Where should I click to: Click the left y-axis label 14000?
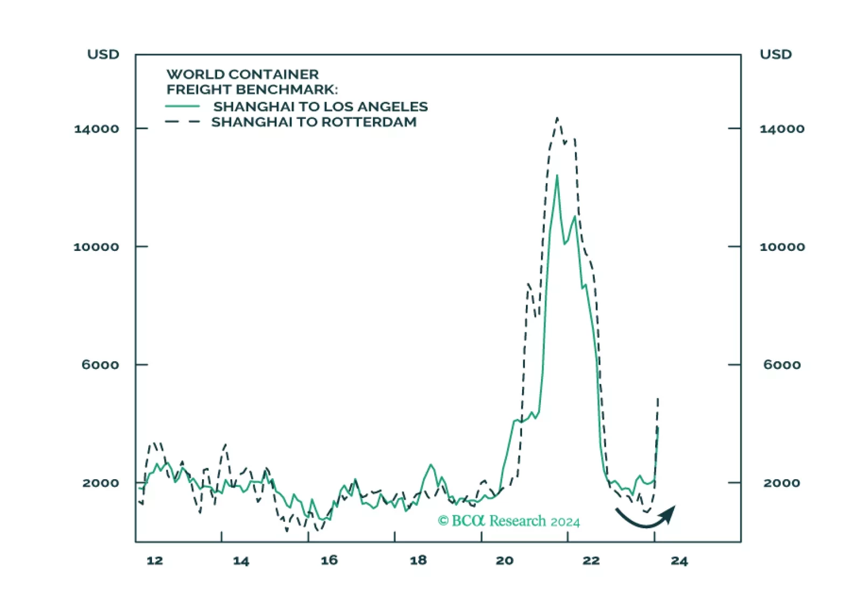click(96, 129)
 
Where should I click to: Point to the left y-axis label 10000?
click(96, 247)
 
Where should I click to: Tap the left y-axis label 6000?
click(100, 365)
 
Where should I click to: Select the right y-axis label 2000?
click(781, 482)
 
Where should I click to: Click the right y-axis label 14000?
click(782, 129)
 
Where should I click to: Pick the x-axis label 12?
click(155, 561)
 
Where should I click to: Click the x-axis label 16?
click(329, 561)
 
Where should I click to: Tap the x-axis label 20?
click(504, 561)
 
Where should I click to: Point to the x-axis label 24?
click(679, 561)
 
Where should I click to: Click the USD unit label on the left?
click(103, 54)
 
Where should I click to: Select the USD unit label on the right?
click(776, 54)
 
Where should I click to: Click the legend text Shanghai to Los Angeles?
click(320, 107)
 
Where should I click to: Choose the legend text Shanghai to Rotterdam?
click(314, 122)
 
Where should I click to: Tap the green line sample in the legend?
click(183, 107)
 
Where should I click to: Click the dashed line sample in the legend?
click(183, 122)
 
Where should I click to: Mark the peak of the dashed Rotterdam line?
click(557, 118)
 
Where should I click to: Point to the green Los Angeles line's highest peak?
click(557, 176)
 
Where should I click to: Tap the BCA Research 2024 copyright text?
click(509, 521)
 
